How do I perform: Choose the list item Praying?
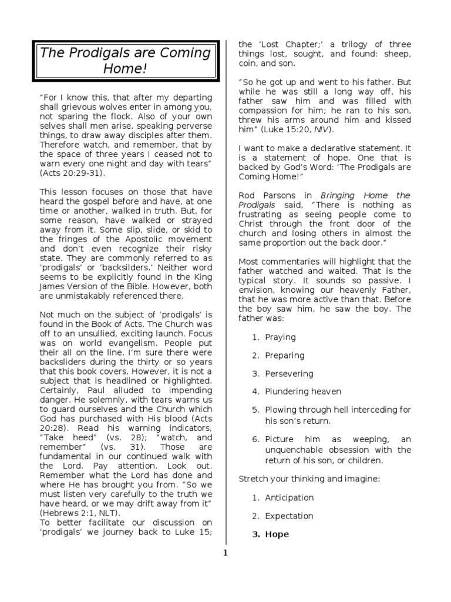tap(280, 337)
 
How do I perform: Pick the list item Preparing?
tap(284, 356)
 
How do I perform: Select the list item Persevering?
tap(289, 374)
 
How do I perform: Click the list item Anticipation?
tap(289, 498)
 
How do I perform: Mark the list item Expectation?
tap(289, 516)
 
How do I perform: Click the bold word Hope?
tap(277, 534)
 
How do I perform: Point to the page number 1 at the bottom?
tap(225, 553)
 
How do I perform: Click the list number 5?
tap(255, 410)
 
